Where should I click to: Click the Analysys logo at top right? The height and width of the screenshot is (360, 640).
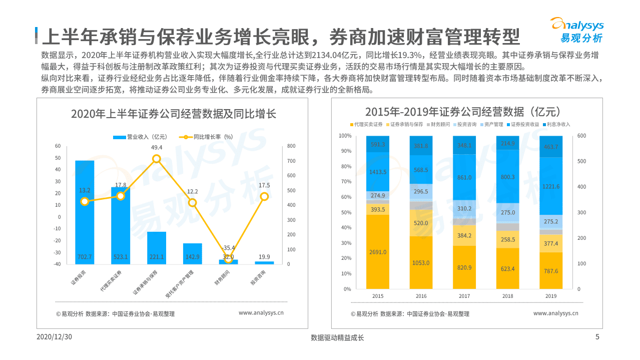tap(577, 30)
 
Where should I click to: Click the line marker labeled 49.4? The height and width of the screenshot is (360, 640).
tap(157, 159)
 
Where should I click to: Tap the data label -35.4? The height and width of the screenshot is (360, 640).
tap(228, 248)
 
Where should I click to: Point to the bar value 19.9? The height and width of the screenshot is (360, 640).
tap(264, 257)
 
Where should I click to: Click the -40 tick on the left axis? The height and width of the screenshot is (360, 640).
tap(58, 264)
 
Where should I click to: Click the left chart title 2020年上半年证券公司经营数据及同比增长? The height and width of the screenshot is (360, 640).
tap(173, 114)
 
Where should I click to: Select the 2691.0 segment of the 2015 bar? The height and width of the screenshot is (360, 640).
tap(378, 252)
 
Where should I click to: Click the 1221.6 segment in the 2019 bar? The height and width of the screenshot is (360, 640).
tap(551, 186)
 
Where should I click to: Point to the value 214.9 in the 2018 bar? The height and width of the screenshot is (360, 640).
tap(507, 144)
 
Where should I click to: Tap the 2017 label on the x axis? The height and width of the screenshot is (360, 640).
tap(464, 296)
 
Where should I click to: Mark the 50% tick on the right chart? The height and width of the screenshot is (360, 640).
tap(345, 213)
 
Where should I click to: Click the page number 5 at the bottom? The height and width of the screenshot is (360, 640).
tap(597, 337)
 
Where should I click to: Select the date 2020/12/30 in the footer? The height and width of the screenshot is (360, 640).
tap(55, 337)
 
